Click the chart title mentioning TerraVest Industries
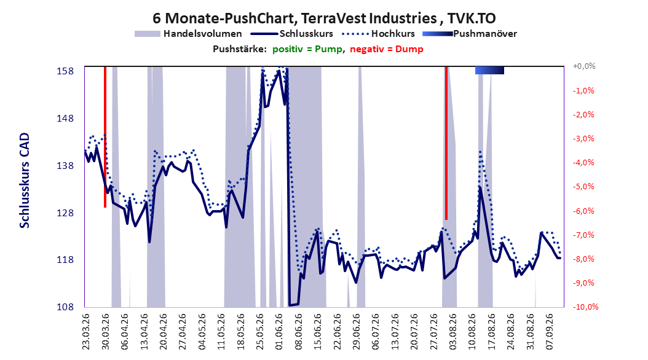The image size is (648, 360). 324,18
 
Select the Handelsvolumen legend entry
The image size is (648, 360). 189,34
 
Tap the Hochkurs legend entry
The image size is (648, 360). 378,34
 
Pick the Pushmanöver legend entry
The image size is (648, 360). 470,34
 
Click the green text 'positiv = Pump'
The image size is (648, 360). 307,49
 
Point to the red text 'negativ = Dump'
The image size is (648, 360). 387,49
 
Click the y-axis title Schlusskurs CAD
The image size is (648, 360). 25,181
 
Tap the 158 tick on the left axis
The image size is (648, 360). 65,71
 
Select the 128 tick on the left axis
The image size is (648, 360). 65,213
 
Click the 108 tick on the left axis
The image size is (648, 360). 65,307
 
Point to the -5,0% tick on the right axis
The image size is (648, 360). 583,187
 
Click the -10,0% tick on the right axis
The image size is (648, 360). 585,307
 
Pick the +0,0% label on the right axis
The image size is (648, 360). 584,66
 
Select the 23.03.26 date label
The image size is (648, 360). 86,332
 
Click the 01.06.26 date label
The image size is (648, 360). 279,332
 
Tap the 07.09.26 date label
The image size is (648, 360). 549,332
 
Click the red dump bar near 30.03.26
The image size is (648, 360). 105,136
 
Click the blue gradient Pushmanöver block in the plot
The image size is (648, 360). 490,71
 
